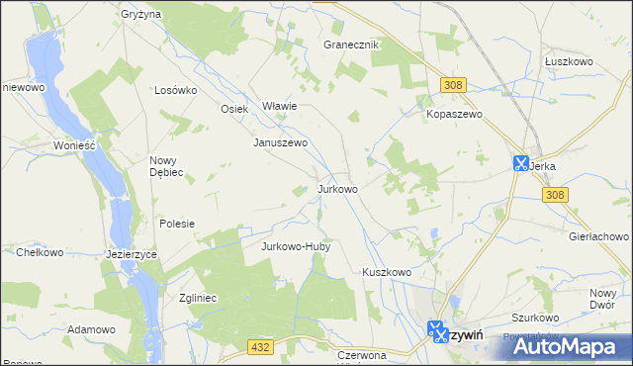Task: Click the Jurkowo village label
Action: point(337,188)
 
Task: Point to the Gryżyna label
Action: point(141,15)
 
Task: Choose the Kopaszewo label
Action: point(453,115)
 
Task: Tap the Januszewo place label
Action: point(282,142)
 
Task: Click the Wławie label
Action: point(279,106)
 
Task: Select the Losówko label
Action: point(177,89)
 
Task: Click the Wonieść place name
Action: point(74,144)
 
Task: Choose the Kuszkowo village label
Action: point(386,271)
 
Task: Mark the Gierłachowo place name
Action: point(599,237)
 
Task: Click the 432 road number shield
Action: point(260,345)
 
